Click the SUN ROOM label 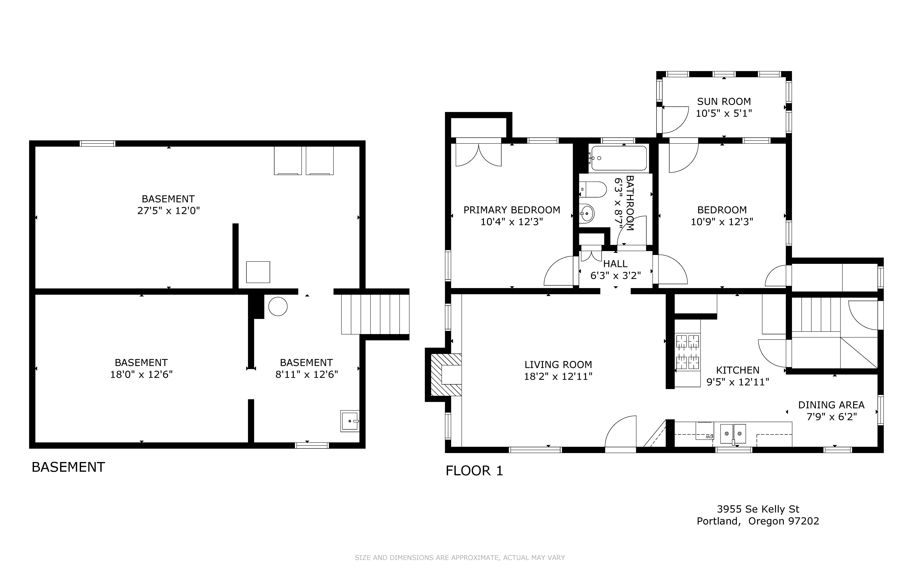coord(724,101)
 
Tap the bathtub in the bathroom coord(619,158)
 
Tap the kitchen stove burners coord(688,352)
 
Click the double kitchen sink coord(733,434)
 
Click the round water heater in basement coord(278,307)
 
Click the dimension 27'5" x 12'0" coord(168,210)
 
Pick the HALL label coord(615,264)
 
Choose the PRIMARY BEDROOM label coord(512,210)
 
